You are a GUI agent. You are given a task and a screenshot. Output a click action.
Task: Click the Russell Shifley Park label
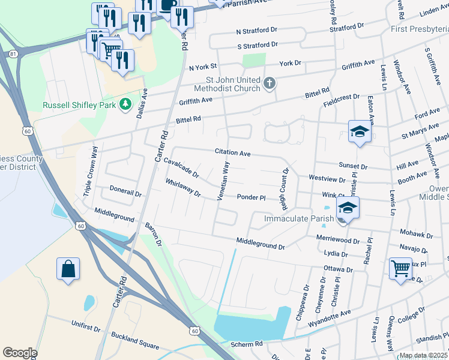coord(80,105)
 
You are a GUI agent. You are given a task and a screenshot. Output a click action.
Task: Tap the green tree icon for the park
coord(125,104)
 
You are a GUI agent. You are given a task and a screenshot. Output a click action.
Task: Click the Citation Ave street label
coord(233,154)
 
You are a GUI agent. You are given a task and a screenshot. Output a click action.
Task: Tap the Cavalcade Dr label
coord(181,169)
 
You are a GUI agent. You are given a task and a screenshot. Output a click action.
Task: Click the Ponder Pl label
coord(251,197)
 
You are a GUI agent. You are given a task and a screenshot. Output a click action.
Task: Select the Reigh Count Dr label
coord(285,188)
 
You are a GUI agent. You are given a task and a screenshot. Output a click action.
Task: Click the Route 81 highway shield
coord(13,55)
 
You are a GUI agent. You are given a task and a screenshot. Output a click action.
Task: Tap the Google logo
coord(20,352)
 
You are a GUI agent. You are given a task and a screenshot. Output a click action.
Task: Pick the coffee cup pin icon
coord(167,5)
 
